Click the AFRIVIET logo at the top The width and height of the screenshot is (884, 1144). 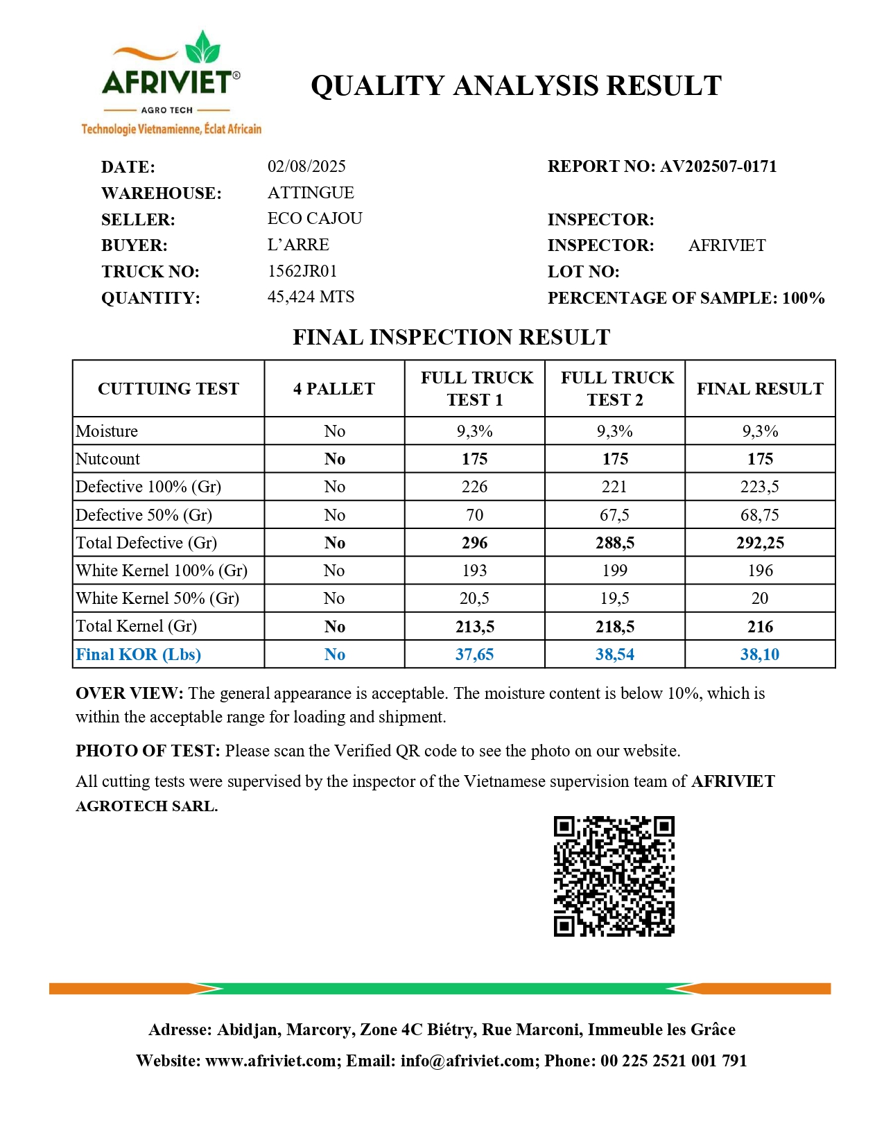(171, 82)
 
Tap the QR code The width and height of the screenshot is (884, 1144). (614, 876)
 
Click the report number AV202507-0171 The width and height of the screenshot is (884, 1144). (718, 166)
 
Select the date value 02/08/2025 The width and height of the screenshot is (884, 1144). (306, 166)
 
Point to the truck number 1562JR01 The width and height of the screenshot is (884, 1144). (302, 271)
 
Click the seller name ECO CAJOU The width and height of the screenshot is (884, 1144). (315, 218)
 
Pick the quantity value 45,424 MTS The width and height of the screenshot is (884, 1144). (311, 297)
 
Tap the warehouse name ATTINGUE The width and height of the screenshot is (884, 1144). (311, 192)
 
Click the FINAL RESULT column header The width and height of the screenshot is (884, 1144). (760, 388)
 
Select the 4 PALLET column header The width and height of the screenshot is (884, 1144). (334, 388)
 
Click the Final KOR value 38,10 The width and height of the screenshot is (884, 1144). (760, 655)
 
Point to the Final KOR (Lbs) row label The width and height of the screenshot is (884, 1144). (138, 655)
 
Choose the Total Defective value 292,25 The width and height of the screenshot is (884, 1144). (760, 543)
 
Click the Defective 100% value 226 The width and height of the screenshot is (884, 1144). (475, 487)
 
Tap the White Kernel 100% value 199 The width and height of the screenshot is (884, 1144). (615, 571)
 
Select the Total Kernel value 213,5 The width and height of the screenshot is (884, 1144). (475, 627)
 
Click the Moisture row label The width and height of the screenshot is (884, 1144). (107, 431)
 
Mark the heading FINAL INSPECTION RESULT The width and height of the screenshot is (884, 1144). (451, 337)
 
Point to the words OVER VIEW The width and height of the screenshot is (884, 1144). (129, 693)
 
